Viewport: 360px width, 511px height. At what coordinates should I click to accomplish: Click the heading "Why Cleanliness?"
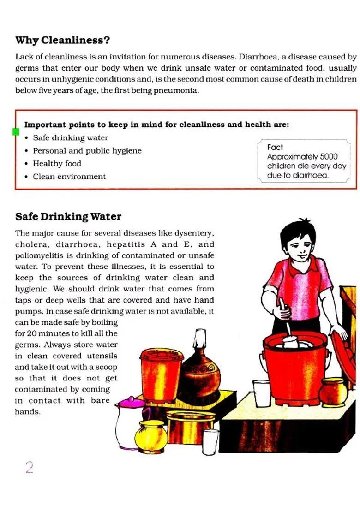pyautogui.click(x=62, y=40)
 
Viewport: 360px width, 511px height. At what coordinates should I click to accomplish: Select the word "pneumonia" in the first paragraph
pyautogui.click(x=179, y=90)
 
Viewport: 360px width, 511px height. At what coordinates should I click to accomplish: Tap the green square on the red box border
pyautogui.click(x=15, y=132)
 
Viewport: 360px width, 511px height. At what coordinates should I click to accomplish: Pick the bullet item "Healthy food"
pyautogui.click(x=57, y=164)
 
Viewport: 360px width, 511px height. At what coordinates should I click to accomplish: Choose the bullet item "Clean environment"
pyautogui.click(x=69, y=177)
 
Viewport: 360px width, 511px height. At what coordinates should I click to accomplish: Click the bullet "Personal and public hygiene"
pyautogui.click(x=87, y=151)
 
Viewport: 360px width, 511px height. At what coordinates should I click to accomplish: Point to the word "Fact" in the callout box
pyautogui.click(x=275, y=147)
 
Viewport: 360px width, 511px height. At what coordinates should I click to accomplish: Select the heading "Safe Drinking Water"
pyautogui.click(x=68, y=216)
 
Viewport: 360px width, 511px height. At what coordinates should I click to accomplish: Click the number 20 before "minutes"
pyautogui.click(x=31, y=333)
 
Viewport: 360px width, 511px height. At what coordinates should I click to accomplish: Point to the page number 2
pyautogui.click(x=30, y=468)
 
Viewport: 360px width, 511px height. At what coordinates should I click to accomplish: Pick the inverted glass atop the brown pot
pyautogui.click(x=199, y=339)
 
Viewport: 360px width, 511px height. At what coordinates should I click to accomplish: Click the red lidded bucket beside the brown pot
pyautogui.click(x=161, y=374)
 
